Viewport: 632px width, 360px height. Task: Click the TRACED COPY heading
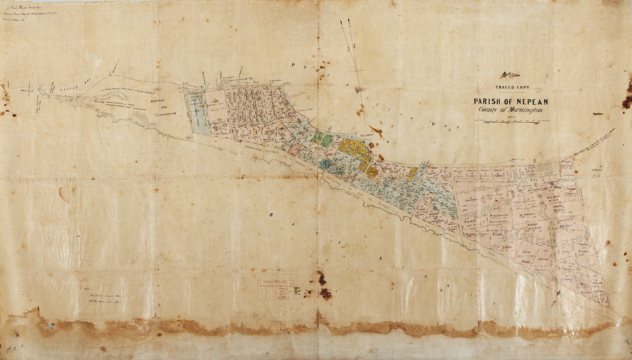coord(510,88)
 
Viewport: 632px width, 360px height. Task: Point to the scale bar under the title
coord(512,121)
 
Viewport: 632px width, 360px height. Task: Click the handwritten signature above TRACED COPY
coord(510,77)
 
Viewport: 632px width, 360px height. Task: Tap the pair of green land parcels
coord(323,140)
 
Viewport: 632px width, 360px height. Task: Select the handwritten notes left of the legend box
coord(110,292)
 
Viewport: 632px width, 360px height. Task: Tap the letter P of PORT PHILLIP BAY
coord(292,64)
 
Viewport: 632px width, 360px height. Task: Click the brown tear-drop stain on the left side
coord(64,193)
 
